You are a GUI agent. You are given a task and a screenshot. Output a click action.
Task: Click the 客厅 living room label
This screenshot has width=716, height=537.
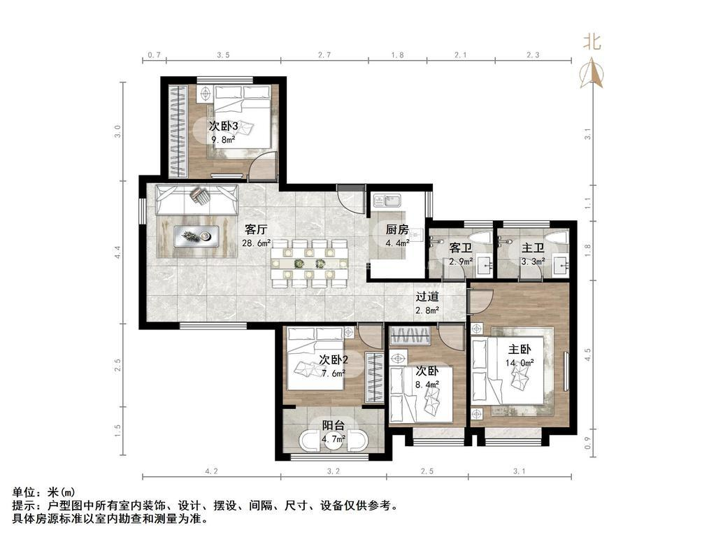257,229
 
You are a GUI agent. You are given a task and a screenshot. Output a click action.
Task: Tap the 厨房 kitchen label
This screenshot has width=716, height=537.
397,229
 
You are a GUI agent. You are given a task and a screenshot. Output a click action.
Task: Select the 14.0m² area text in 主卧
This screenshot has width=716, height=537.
520,363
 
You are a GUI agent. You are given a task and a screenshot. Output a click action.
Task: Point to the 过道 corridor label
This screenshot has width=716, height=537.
427,296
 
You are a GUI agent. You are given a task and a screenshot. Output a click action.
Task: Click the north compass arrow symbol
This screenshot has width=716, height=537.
592,72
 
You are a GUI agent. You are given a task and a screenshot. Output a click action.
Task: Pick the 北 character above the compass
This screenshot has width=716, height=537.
592,42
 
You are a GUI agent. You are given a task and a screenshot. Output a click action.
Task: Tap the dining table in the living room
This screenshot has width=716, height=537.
310,264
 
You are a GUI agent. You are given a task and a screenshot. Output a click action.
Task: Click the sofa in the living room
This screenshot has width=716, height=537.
195,200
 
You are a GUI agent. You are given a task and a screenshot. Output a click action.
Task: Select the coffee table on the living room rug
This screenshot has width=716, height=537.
196,237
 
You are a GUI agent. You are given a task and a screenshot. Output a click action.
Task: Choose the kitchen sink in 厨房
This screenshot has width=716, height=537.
385,203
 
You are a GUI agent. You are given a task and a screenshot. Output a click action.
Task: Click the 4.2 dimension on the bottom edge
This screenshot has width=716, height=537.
211,471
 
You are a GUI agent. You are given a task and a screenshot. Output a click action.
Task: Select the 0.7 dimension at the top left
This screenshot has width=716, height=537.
155,54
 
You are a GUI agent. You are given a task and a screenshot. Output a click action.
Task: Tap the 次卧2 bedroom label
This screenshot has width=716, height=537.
334,359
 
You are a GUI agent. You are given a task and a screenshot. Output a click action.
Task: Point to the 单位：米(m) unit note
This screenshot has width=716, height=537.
44,492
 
